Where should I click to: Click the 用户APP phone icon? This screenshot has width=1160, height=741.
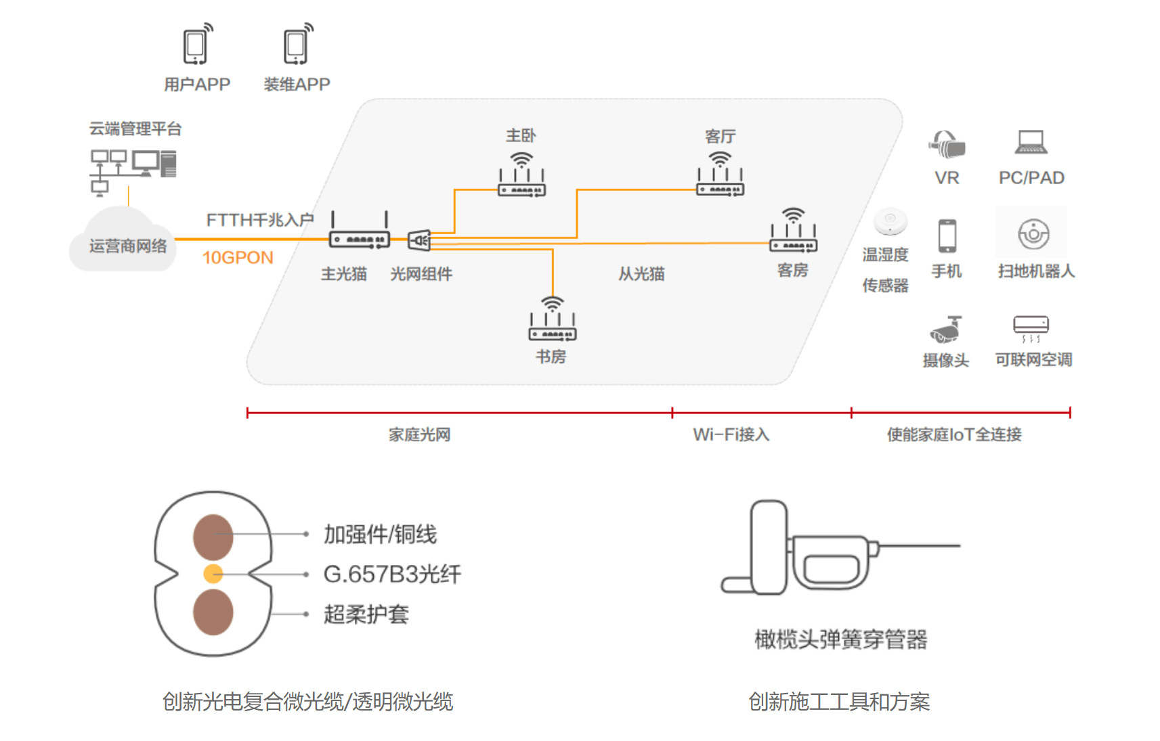click(196, 45)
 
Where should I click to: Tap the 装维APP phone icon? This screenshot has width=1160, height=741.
click(297, 45)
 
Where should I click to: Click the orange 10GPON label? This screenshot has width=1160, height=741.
click(238, 258)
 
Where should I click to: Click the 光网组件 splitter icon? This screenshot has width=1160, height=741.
click(419, 240)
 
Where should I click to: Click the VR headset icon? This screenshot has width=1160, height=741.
click(947, 144)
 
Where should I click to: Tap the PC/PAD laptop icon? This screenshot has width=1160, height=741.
click(1031, 142)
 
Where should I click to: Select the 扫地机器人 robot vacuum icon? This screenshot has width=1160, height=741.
click(1033, 234)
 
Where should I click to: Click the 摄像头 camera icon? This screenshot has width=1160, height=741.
click(945, 330)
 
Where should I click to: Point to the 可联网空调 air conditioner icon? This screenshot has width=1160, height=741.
click(1031, 328)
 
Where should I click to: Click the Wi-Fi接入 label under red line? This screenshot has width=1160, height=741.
click(731, 434)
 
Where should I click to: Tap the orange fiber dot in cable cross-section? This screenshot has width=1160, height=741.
click(213, 574)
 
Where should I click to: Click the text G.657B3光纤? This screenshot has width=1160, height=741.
click(392, 574)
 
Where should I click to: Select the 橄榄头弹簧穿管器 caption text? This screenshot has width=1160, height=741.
click(840, 639)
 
